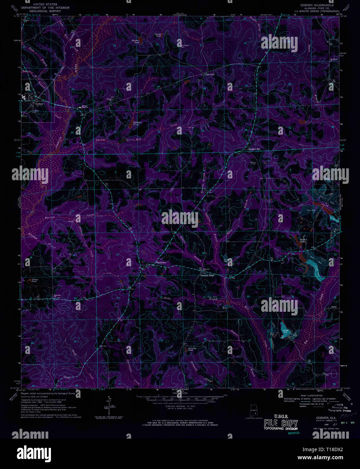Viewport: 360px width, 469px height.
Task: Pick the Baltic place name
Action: point(334,307)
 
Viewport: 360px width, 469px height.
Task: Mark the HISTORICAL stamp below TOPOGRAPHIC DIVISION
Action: point(294,433)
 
